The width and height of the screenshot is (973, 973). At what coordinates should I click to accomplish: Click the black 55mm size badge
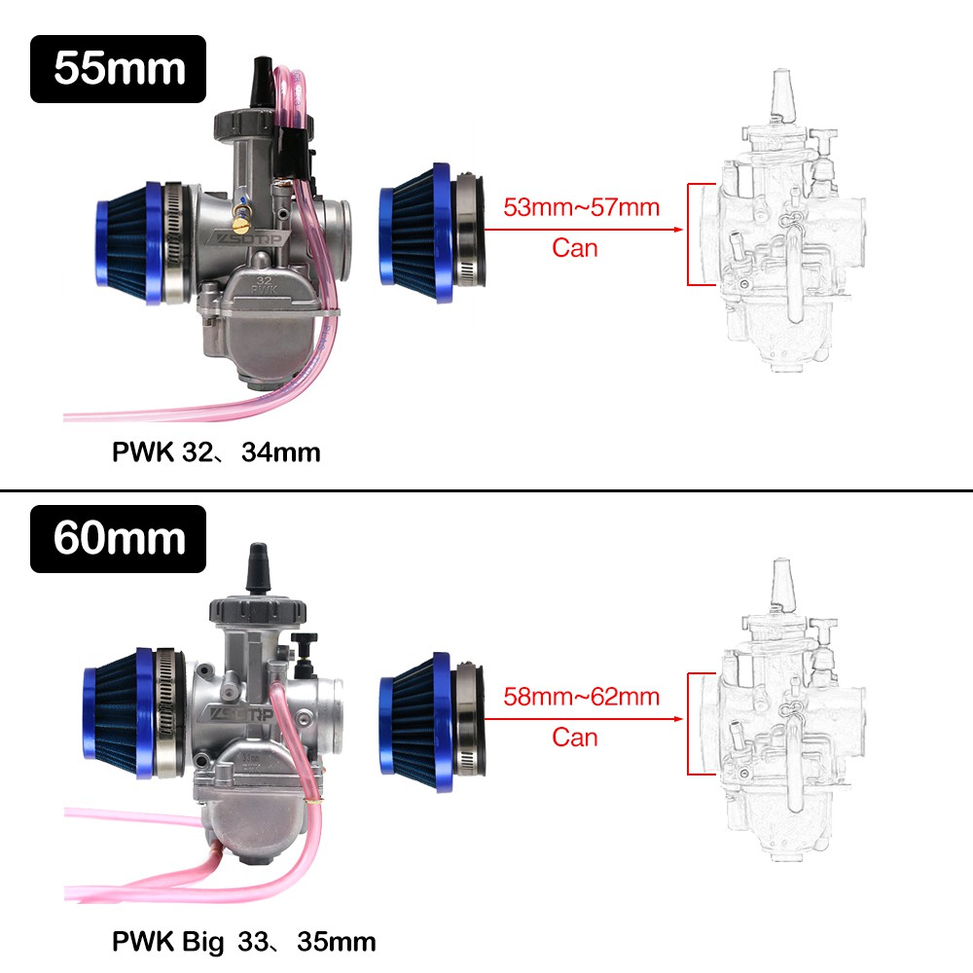(x=118, y=69)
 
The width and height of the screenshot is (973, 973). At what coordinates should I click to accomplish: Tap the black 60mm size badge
(x=118, y=539)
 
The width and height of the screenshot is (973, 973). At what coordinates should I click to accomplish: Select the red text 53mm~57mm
(x=581, y=207)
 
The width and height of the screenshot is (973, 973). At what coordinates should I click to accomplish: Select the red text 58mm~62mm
(x=581, y=697)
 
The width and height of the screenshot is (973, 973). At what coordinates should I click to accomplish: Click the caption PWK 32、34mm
(x=216, y=452)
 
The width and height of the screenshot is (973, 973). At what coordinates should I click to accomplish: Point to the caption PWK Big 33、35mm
(x=244, y=942)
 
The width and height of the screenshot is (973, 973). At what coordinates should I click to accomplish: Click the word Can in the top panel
(x=575, y=248)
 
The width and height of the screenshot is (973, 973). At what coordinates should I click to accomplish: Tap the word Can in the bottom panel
(x=575, y=738)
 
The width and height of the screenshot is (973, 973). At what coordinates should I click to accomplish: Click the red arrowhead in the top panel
(x=678, y=230)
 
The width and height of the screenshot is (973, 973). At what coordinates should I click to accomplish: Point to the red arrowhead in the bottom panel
(x=678, y=719)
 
